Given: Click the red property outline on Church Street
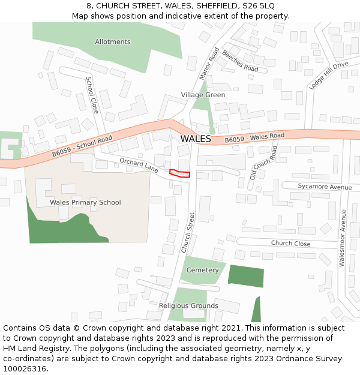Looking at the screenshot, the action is click(179, 173).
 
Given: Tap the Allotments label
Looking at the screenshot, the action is click(113, 42).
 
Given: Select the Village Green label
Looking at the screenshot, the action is click(203, 95).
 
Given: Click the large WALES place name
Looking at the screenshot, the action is click(196, 139).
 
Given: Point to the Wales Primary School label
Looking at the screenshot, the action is click(85, 202).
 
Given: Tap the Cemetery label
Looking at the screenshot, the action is click(203, 270).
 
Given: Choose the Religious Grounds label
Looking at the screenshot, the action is click(188, 306).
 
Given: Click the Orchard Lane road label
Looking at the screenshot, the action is click(138, 166).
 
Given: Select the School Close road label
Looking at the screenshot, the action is click(92, 95).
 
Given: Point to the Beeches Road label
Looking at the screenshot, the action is click(240, 61).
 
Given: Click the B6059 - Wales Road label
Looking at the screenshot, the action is click(254, 138).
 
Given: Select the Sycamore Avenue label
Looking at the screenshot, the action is click(325, 187).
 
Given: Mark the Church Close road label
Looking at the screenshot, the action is click(290, 244).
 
